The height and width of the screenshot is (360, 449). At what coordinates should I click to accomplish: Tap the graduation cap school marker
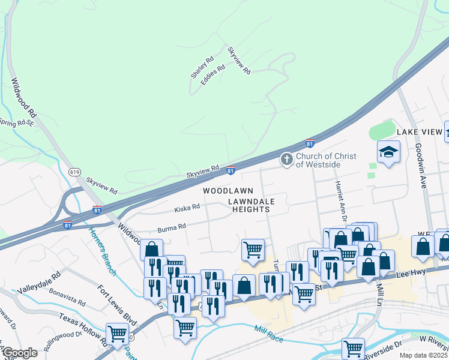point(388,152)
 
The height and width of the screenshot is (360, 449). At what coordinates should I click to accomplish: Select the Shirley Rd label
point(202,67)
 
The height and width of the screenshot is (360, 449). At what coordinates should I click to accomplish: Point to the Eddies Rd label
point(213,74)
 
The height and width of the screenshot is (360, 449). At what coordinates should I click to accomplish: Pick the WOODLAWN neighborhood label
point(224,190)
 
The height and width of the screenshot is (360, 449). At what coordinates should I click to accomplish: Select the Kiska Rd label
point(187,208)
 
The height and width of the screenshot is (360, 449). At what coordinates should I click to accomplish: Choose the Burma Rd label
point(172,228)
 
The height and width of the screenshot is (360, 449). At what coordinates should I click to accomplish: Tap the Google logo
point(19,353)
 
